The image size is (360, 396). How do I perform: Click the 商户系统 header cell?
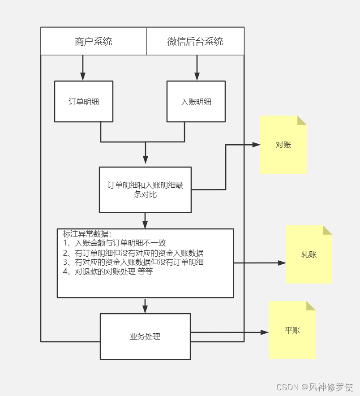(x=93, y=42)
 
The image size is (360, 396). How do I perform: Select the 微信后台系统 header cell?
(x=195, y=42)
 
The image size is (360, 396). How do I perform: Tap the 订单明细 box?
(x=84, y=102)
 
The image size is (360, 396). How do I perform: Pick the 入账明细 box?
(x=196, y=102)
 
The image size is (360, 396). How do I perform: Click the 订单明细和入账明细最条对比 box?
(x=145, y=190)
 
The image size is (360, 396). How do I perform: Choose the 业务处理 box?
(x=145, y=336)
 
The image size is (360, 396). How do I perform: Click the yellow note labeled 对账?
(x=283, y=145)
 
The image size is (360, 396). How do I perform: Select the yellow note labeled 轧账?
(x=309, y=255)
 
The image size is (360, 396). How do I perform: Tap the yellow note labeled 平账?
(x=292, y=331)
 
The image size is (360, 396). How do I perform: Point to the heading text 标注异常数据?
(x=87, y=234)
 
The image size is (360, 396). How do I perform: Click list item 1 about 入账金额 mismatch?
(x=115, y=243)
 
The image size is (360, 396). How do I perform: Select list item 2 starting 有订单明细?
(x=133, y=253)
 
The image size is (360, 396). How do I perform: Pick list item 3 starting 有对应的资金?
(x=133, y=262)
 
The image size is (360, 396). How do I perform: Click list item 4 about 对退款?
(x=108, y=271)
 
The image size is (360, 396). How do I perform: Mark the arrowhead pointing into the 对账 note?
(x=257, y=145)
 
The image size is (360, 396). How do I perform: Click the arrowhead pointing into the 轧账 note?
(x=282, y=263)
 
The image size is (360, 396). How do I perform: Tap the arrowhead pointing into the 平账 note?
(x=265, y=332)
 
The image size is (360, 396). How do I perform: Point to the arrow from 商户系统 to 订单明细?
(x=83, y=67)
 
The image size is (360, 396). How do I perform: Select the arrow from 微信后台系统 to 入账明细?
(x=196, y=67)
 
